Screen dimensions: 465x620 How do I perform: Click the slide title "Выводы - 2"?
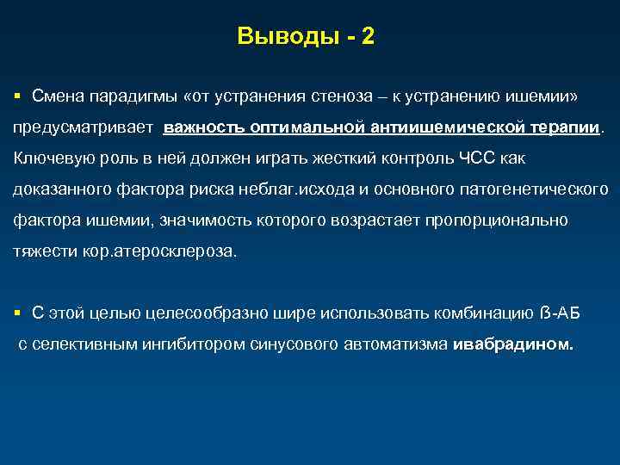[x=306, y=37]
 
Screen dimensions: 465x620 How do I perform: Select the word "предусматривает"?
[x=83, y=127]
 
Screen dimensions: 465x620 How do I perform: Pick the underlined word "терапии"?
[x=565, y=127]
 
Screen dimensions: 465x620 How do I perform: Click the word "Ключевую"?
[x=48, y=158]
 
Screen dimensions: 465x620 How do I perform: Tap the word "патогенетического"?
[x=538, y=189]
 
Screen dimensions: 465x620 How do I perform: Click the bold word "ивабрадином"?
[x=512, y=344]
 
